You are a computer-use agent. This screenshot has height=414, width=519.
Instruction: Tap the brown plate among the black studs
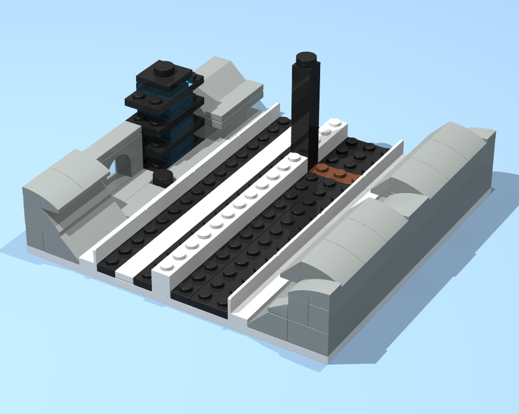click(x=335, y=174)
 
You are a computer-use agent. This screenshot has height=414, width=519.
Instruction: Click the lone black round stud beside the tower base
click(x=163, y=177)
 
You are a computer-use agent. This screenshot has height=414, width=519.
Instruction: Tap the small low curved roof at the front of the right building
click(x=309, y=288)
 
